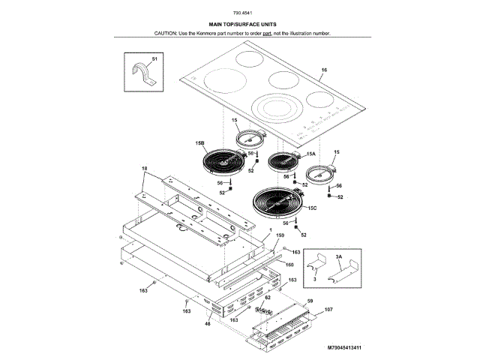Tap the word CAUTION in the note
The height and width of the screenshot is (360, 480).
click(x=166, y=34)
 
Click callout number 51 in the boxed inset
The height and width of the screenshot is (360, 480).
click(x=155, y=58)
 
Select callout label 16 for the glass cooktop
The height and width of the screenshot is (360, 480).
click(x=324, y=70)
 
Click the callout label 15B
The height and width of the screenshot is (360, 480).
click(x=200, y=142)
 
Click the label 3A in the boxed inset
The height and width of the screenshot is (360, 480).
click(x=339, y=256)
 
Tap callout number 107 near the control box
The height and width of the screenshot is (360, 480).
click(x=328, y=308)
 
